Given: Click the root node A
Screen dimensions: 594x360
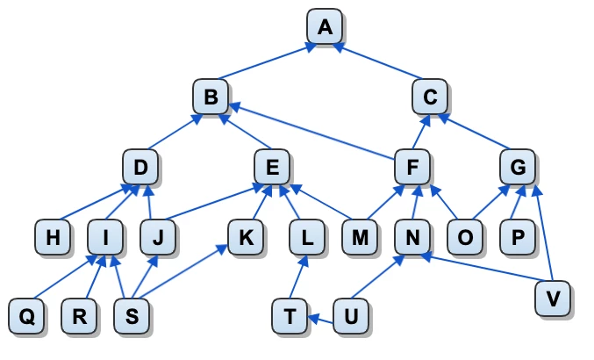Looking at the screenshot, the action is click(325, 26).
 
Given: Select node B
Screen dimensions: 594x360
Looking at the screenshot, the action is click(211, 97).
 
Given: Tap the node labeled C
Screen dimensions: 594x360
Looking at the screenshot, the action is click(430, 97).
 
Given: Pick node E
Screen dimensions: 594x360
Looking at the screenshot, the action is click(272, 167).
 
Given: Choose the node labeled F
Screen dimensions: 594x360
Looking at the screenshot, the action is click(412, 167).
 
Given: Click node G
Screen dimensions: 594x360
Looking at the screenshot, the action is click(518, 167).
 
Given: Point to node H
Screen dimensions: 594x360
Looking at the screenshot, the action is click(53, 237).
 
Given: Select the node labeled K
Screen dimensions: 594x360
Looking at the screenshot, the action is click(246, 237).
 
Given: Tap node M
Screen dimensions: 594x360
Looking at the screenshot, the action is click(360, 237).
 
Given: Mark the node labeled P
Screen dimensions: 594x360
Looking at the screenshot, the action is click(518, 237).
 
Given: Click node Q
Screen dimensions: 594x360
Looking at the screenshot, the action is click(26, 316).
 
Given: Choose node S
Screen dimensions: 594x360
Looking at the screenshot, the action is click(132, 316).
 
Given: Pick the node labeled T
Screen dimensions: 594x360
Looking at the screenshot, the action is click(290, 316).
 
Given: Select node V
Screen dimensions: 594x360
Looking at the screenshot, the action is click(553, 299).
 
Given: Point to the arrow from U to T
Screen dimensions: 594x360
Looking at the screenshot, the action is click(321, 319).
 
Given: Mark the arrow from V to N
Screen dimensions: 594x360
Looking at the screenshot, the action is click(481, 268).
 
